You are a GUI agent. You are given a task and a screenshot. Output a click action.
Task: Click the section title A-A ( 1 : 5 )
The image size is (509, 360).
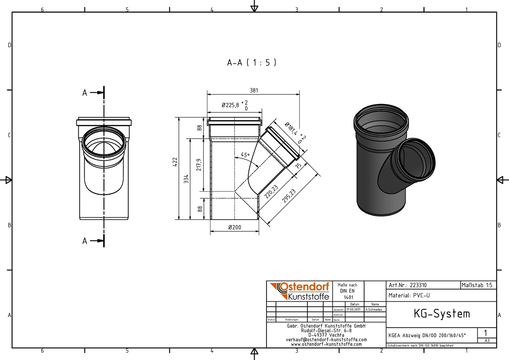252,63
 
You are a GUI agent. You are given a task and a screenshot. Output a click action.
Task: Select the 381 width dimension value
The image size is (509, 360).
254,91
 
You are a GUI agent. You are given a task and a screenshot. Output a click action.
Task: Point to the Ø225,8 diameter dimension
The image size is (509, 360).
230,105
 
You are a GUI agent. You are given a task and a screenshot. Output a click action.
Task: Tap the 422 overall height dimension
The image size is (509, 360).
175,162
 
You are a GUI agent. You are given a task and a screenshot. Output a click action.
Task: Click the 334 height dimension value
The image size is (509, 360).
186,179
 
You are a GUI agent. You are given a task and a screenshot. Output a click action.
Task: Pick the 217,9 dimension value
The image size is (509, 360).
199,165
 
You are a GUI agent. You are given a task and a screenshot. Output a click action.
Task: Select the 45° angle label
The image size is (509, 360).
245,155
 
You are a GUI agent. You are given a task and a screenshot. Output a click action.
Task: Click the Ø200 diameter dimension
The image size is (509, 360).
235,227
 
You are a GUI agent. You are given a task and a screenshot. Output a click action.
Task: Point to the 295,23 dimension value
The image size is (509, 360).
289,196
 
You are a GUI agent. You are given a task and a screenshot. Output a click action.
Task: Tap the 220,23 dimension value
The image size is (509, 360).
271,192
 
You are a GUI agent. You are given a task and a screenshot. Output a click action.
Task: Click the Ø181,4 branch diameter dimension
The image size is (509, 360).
291,129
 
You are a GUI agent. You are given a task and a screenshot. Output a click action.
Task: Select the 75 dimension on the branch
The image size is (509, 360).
298,165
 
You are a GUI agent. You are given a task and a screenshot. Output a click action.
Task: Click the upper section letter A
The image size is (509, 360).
85,93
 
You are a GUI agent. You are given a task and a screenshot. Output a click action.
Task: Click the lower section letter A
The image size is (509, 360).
85,241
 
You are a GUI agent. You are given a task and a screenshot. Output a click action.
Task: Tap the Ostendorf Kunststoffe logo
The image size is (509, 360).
299,291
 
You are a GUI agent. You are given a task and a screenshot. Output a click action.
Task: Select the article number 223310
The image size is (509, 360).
418,285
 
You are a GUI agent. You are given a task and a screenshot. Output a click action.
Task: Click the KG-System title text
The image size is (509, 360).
442,314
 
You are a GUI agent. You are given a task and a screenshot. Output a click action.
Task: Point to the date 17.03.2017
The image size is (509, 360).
353,310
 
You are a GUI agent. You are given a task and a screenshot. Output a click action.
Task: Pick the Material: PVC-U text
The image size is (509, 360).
409,295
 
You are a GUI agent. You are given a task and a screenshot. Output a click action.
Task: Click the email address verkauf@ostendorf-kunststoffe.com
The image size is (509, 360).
326,340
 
